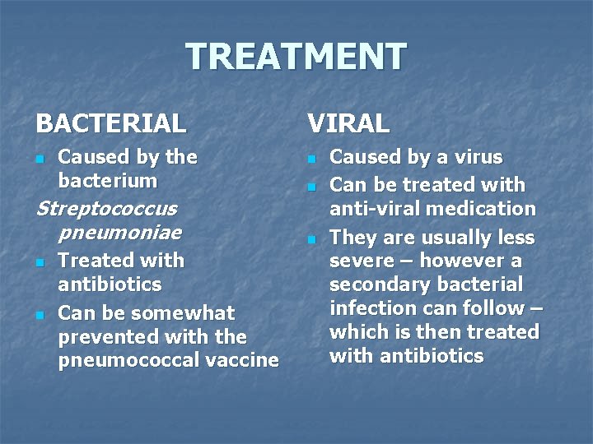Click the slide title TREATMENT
[x=296, y=57]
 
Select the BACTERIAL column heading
[x=111, y=124]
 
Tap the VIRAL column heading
[x=348, y=124]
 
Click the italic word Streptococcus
[x=106, y=209]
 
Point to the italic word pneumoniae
[x=119, y=233]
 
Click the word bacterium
[x=107, y=180]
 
